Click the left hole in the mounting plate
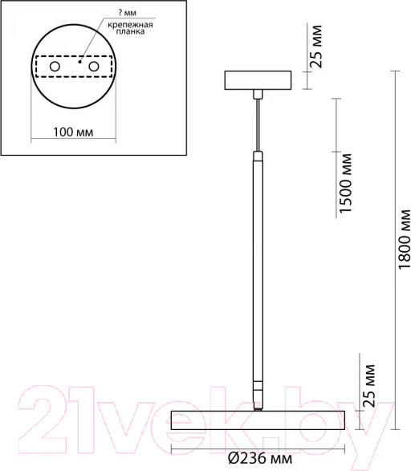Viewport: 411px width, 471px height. [x=55, y=65]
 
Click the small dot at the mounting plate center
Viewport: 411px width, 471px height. [x=79, y=59]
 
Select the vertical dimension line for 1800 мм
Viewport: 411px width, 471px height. [x=394, y=241]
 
